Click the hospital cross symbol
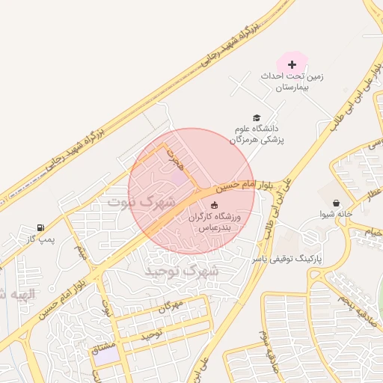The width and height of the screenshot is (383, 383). [292, 65]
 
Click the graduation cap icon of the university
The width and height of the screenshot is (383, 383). [257, 118]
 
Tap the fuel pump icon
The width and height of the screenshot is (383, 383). [40, 227]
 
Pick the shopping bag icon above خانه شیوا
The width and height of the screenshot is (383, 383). [336, 203]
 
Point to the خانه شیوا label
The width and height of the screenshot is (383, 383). [337, 215]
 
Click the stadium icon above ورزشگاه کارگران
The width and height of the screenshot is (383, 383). [215, 205]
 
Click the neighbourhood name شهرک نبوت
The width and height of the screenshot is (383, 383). [141, 201]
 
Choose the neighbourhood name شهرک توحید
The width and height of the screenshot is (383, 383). [183, 271]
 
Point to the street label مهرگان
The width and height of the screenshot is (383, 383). [171, 305]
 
